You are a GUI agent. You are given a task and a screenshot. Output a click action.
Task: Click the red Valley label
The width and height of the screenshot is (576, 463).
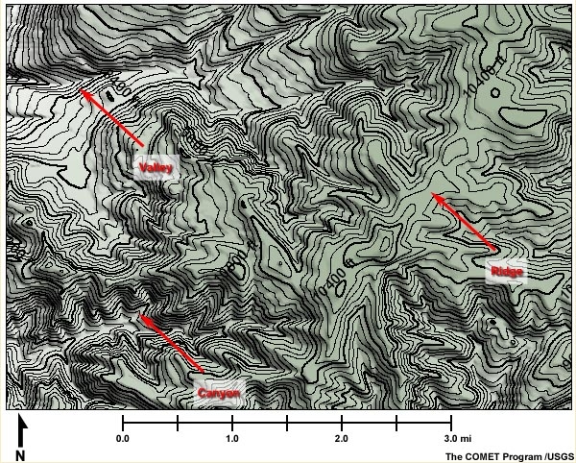[155, 168]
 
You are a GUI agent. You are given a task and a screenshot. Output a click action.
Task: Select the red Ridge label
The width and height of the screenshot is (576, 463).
[506, 273]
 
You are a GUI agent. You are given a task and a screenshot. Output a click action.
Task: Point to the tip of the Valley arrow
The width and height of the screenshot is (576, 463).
[81, 91]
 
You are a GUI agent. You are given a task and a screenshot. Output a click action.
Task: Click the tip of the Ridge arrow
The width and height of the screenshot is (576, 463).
[431, 194]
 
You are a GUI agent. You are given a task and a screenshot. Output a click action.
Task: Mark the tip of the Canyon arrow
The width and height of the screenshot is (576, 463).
[140, 315]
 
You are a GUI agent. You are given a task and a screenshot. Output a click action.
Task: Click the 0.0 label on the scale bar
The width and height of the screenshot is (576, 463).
[123, 437]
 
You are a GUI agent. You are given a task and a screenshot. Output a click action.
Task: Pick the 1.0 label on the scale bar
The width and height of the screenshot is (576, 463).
[231, 437]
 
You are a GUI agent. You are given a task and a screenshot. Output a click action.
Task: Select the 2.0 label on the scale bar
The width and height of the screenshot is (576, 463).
[341, 437]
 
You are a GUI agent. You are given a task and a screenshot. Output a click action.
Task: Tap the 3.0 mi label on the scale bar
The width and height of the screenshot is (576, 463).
[454, 437]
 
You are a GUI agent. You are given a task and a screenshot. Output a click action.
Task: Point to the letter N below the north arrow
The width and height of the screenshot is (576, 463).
[20, 453]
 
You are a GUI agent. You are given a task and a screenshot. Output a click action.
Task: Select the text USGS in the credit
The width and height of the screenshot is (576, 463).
[559, 454]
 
